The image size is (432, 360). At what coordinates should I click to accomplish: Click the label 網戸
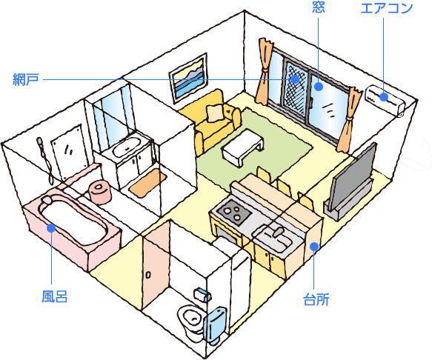pyautogui.click(x=26, y=79)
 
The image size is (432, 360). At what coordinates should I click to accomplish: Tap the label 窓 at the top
pyautogui.click(x=319, y=7)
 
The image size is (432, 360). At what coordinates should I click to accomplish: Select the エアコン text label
pyautogui.click(x=387, y=8)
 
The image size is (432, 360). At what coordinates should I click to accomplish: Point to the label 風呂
pyautogui.click(x=54, y=296)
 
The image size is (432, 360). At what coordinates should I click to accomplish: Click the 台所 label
pyautogui.click(x=316, y=300)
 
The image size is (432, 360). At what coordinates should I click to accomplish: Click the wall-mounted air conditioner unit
pyautogui.click(x=385, y=101)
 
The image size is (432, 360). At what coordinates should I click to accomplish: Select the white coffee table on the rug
pyautogui.click(x=242, y=146)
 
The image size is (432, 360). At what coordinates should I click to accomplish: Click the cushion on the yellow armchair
pyautogui.click(x=215, y=113)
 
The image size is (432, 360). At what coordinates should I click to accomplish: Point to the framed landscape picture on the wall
pyautogui.click(x=188, y=79)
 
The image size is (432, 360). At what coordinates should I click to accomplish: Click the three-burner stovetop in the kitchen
pyautogui.click(x=233, y=210)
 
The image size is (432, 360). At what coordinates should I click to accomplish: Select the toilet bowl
pyautogui.click(x=190, y=319)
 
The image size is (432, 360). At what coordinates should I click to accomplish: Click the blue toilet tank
pyautogui.click(x=214, y=325)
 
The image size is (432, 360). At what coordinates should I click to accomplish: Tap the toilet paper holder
pyautogui.click(x=202, y=295)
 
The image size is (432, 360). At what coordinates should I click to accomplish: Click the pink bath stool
pyautogui.click(x=100, y=191)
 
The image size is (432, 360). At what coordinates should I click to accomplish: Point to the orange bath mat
pyautogui.click(x=148, y=182)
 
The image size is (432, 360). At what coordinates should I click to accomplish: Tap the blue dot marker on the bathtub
pyautogui.click(x=51, y=228)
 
